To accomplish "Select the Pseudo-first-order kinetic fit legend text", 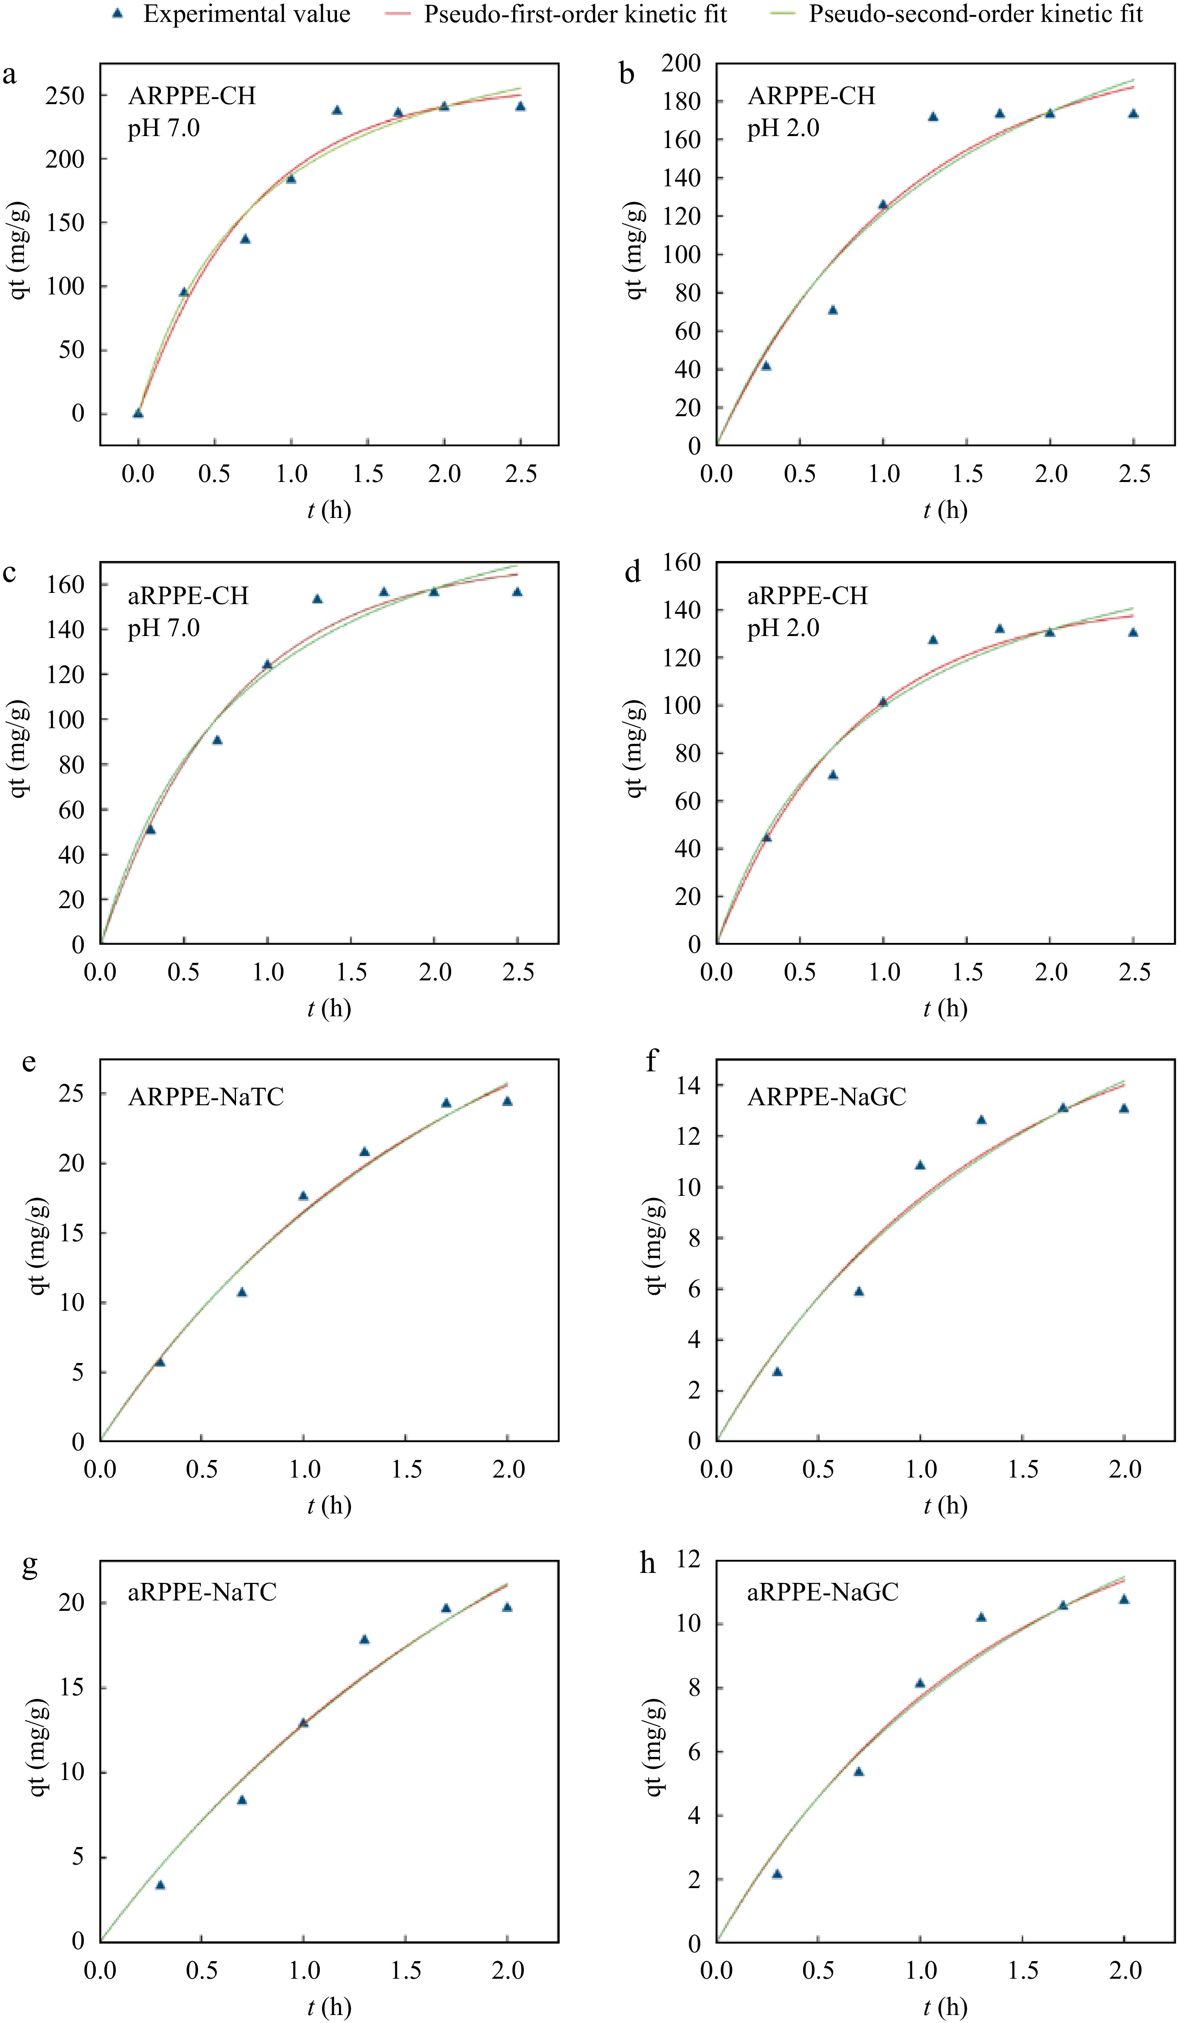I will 575,14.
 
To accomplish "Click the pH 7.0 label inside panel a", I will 164,128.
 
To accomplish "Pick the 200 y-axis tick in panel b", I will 681,63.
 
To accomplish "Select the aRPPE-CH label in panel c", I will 188,596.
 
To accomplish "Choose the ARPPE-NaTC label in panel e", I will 206,1096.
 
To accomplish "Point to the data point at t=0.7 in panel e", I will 242,1292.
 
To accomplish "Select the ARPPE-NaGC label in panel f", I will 826,1096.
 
